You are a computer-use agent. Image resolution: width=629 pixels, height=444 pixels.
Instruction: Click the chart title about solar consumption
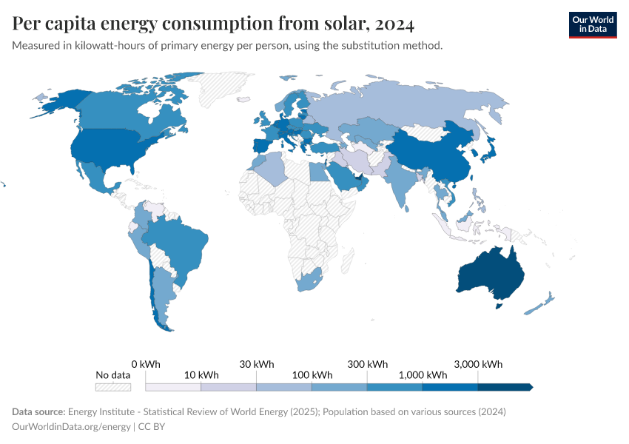click(213, 24)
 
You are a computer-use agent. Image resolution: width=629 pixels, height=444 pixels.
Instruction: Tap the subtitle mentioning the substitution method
click(227, 46)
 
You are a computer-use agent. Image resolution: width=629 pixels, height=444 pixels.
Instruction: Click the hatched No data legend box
click(113, 386)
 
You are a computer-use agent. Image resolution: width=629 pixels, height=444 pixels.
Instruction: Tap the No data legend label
click(113, 375)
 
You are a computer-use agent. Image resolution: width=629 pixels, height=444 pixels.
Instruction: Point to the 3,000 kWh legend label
click(477, 364)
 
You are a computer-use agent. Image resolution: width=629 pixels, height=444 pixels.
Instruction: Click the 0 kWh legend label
click(146, 364)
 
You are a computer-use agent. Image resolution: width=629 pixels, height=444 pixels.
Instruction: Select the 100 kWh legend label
click(312, 375)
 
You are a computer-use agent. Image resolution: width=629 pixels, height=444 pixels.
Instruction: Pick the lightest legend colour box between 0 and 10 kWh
click(173, 386)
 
